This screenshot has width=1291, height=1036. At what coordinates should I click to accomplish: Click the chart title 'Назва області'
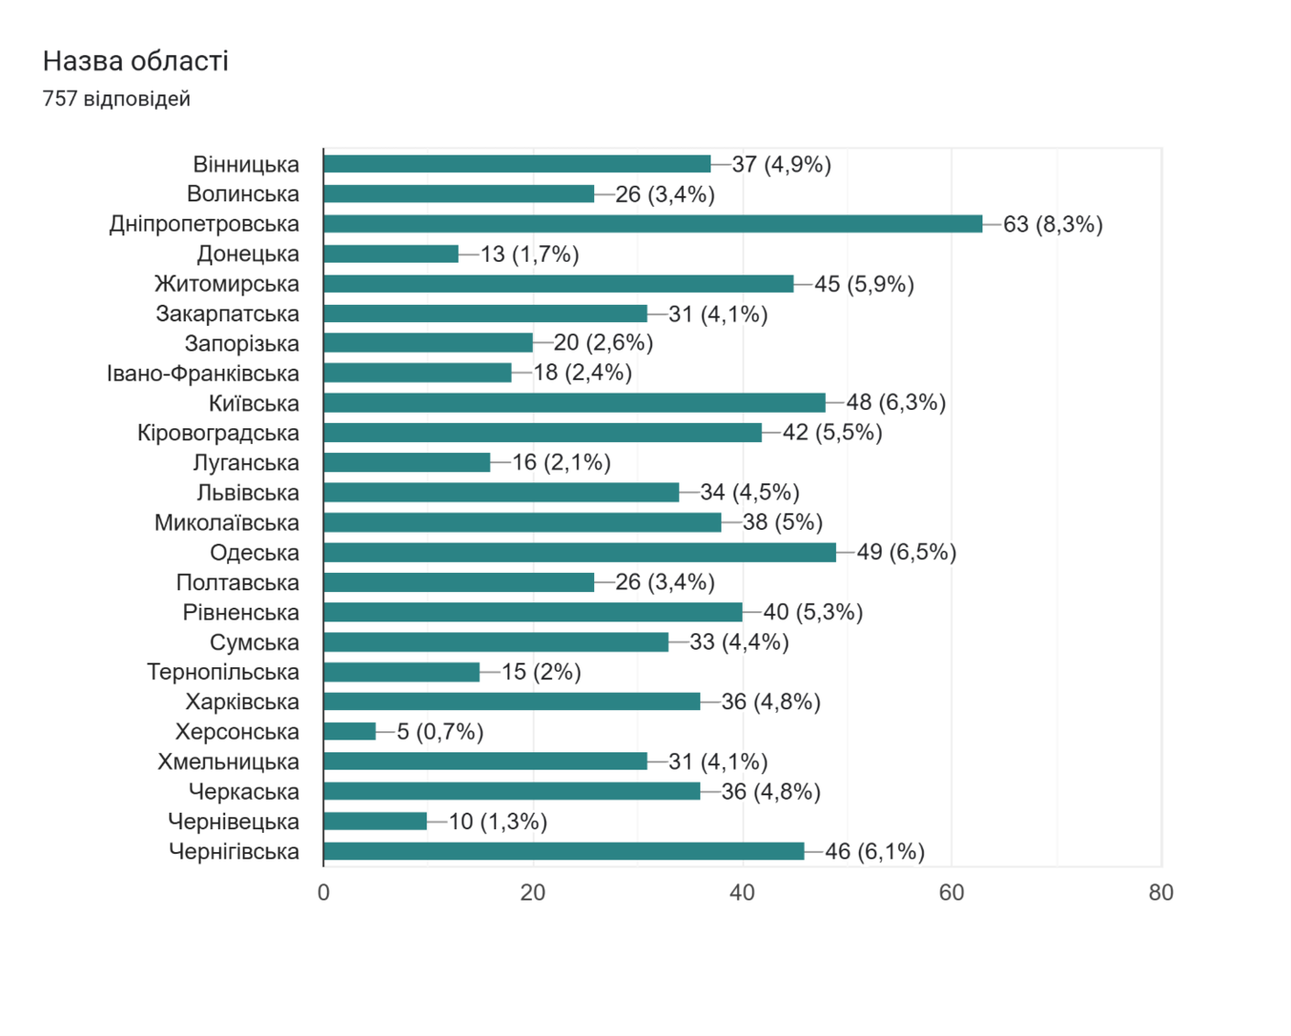(x=136, y=61)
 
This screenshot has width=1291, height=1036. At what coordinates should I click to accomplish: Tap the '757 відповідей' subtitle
(x=116, y=99)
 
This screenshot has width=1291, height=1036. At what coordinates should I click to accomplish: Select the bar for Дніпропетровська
(x=652, y=224)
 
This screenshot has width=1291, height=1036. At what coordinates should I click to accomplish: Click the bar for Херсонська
(x=350, y=731)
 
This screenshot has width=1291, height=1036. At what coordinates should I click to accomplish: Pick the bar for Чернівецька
(x=375, y=821)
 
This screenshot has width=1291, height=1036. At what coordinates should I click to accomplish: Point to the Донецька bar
(x=391, y=254)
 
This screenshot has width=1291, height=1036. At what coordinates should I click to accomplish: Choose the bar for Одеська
(x=579, y=553)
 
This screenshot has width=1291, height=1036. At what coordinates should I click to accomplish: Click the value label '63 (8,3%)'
(x=1052, y=224)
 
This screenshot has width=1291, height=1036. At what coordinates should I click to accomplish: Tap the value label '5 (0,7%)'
(x=439, y=731)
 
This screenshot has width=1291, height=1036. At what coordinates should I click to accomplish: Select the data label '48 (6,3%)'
(x=895, y=403)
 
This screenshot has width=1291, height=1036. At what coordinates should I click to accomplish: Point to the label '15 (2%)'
(x=541, y=672)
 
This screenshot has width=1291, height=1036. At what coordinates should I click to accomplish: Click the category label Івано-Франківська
(x=203, y=373)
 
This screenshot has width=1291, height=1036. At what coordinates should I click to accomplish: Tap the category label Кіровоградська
(x=218, y=433)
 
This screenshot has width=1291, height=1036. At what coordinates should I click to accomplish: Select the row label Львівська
(x=247, y=493)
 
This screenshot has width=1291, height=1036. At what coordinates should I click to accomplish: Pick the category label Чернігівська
(x=233, y=851)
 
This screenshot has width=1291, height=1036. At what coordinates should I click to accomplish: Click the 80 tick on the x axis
(x=1160, y=892)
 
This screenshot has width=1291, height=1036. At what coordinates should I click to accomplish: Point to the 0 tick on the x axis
(x=323, y=892)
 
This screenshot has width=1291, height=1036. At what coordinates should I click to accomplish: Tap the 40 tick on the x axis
(x=742, y=892)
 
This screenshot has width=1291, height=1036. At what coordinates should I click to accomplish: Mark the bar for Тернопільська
(x=402, y=672)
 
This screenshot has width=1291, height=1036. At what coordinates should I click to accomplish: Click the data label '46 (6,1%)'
(x=874, y=851)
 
